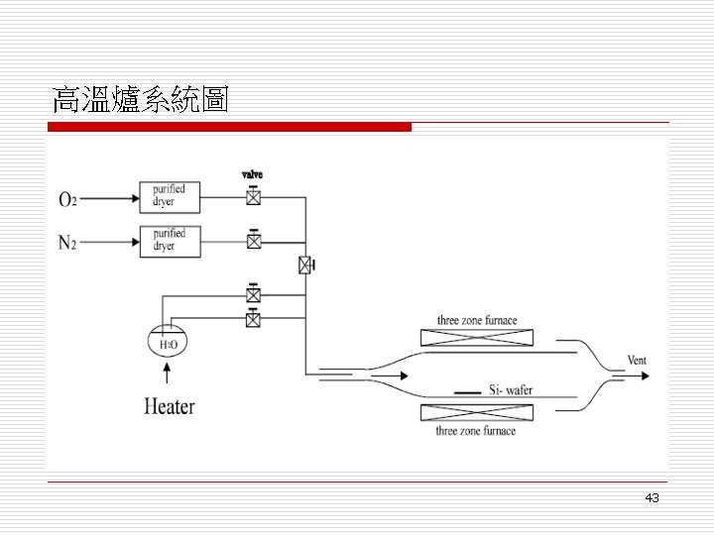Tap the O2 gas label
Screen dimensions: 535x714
(67, 199)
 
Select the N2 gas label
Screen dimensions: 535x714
(67, 241)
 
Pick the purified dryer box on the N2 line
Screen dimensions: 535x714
(170, 240)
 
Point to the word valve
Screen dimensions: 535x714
(253, 174)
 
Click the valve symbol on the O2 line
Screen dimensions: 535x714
(254, 197)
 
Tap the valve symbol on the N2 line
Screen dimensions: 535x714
(254, 240)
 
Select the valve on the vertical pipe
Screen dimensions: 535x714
(306, 265)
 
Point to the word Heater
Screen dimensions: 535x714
(170, 405)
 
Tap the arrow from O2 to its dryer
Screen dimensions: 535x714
(110, 198)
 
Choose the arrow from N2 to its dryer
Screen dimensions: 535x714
(110, 240)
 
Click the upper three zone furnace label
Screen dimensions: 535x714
(477, 321)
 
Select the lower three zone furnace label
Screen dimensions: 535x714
(477, 431)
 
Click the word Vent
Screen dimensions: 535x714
(637, 360)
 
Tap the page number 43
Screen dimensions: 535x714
(652, 497)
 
